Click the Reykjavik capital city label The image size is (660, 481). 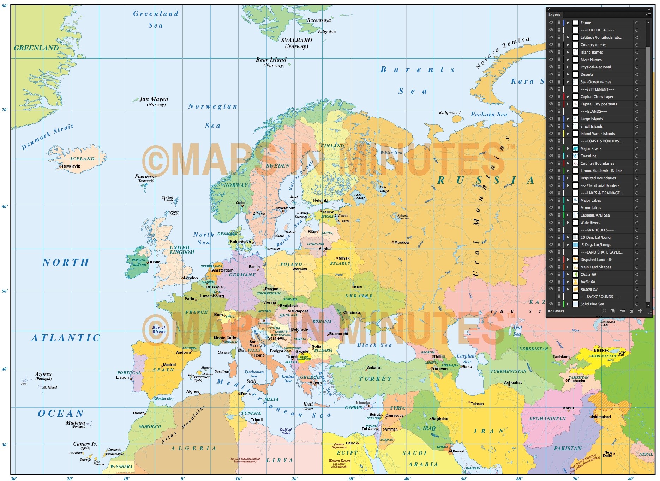click(x=71, y=166)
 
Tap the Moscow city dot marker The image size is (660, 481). click(x=393, y=242)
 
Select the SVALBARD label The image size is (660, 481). click(x=296, y=40)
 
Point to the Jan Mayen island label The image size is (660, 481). click(x=154, y=99)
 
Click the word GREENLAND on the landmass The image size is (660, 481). click(x=36, y=48)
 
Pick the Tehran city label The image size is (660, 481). click(x=477, y=404)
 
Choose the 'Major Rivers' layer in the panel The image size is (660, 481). click(x=591, y=148)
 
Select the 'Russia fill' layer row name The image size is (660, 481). click(x=589, y=289)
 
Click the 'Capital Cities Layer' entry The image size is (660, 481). click(x=597, y=97)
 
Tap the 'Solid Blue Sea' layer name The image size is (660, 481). click(x=592, y=304)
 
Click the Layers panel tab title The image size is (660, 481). click(x=554, y=14)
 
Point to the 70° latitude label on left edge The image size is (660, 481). click(x=5, y=110)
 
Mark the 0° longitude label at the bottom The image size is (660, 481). click(x=182, y=479)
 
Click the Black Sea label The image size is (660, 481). click(x=374, y=345)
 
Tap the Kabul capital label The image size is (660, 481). click(x=568, y=408)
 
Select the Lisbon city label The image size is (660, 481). click(x=122, y=377)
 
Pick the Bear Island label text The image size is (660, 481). click(x=271, y=60)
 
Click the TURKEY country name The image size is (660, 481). click(x=375, y=379)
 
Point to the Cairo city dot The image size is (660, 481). click(x=358, y=443)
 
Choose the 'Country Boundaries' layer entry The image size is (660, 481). click(x=597, y=163)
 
